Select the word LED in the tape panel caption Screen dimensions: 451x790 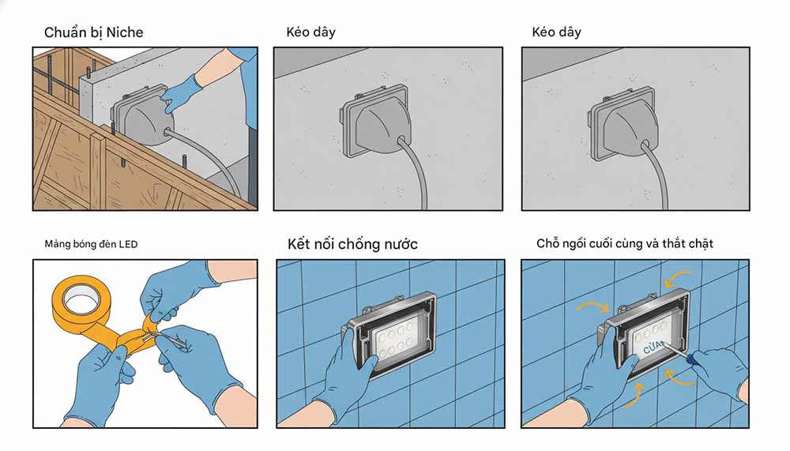[128, 245]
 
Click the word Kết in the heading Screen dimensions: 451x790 [300, 244]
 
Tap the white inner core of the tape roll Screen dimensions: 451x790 [79, 300]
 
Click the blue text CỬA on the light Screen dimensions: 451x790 [655, 347]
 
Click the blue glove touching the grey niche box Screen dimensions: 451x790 [180, 92]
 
